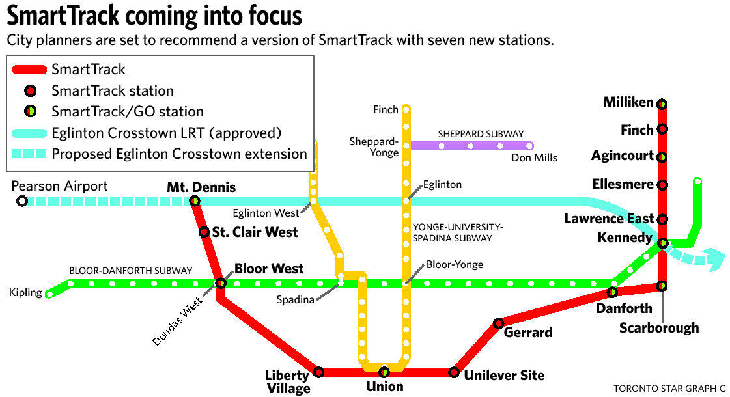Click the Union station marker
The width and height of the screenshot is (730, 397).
[x=384, y=372]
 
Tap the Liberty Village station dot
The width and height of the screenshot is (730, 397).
[x=318, y=372]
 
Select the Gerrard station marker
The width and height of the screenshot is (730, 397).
[x=498, y=323]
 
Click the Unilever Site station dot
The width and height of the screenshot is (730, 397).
[x=454, y=372]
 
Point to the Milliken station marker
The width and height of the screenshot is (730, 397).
[x=662, y=103]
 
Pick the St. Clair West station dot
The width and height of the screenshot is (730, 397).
[x=204, y=232]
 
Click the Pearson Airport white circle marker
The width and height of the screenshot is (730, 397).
[x=22, y=201]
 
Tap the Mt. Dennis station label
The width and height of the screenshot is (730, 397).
[x=201, y=187]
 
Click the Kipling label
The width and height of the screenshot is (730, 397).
[x=25, y=293]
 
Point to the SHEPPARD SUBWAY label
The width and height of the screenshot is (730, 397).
[x=481, y=134]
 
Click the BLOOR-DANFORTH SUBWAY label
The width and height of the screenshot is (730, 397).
[x=131, y=270]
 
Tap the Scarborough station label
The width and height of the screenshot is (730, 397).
[x=659, y=327]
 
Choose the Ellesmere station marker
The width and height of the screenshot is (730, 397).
[x=662, y=185]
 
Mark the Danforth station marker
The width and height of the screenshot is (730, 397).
[x=613, y=292]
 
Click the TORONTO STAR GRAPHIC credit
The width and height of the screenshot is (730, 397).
[x=669, y=389]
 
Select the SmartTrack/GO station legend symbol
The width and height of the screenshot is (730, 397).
[x=30, y=111]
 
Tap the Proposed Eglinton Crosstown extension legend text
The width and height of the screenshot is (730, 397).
[x=179, y=154]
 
